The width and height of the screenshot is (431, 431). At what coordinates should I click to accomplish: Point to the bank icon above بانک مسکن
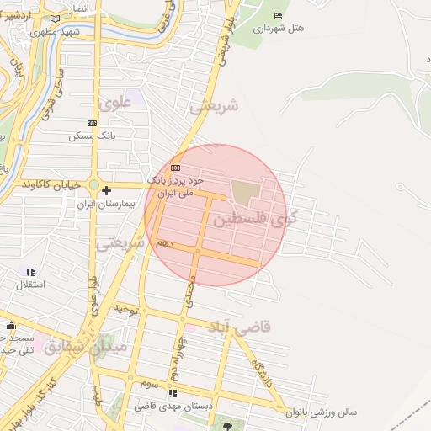click(91, 123)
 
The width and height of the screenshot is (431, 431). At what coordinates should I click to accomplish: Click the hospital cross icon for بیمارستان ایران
click(106, 191)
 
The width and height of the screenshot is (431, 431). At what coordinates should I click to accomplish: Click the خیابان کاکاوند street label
click(51, 184)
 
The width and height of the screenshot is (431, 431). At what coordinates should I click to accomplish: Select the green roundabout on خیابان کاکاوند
click(94, 185)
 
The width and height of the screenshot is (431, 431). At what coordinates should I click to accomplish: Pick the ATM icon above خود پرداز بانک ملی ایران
click(175, 168)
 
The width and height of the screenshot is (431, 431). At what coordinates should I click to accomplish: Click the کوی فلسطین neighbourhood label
click(262, 219)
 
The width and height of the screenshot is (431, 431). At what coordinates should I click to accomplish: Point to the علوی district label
click(115, 104)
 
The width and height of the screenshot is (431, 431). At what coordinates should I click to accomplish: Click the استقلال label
click(31, 285)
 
